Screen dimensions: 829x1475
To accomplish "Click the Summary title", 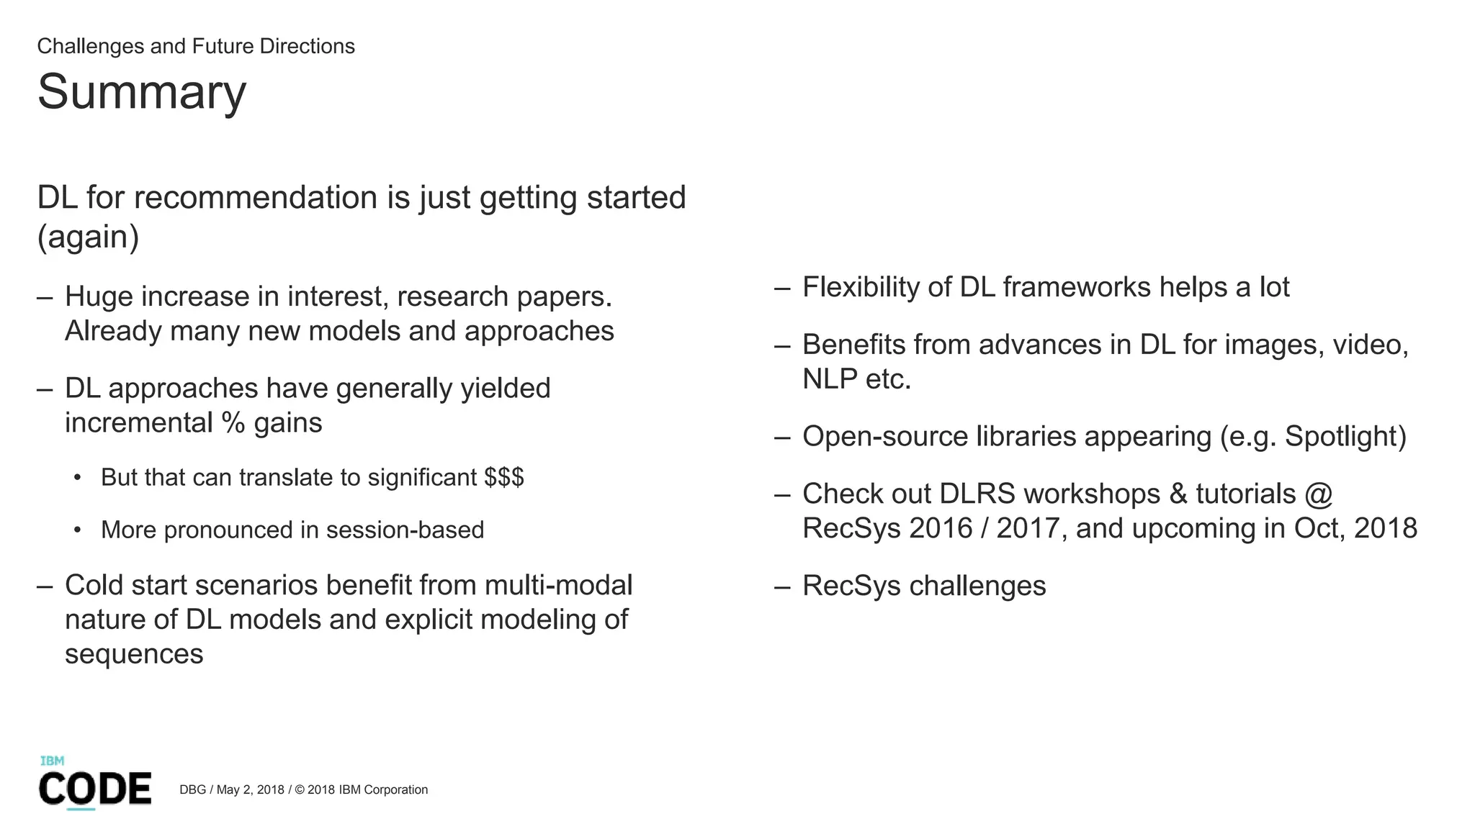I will (142, 92).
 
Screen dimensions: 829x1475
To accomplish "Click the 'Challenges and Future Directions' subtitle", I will (196, 46).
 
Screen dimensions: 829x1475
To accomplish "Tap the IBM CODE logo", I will (94, 784).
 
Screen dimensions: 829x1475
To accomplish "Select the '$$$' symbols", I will (504, 477).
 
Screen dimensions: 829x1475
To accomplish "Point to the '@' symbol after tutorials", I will (1317, 494).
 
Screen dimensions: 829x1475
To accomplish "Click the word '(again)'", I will (88, 237).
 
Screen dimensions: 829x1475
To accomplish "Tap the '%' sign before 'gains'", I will (233, 422).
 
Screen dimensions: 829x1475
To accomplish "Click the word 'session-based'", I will (405, 530).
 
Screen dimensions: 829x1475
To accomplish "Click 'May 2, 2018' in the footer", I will (250, 789).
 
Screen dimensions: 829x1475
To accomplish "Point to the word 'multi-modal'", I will (558, 585).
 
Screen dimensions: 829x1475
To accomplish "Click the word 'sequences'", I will (134, 654).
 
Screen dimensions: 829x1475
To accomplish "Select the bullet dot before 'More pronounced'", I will (77, 530).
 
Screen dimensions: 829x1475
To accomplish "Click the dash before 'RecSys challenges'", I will (782, 586).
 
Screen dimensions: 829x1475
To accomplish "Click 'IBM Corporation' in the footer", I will (383, 789).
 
